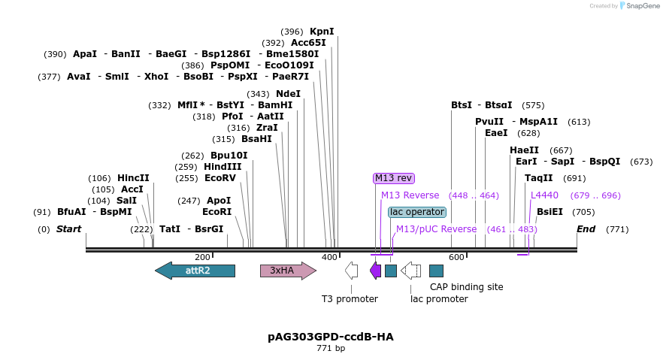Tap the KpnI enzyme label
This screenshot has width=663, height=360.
322,32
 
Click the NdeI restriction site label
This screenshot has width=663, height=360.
288,94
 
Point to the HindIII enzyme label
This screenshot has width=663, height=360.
223,167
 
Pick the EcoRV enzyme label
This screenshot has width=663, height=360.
220,178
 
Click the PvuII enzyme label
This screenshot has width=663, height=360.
489,122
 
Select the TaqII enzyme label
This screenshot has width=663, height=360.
539,178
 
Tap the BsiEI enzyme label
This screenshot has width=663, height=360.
549,212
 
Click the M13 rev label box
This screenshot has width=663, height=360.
394,178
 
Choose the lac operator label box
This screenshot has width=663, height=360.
417,212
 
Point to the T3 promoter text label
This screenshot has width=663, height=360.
350,299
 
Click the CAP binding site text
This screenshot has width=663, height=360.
466,287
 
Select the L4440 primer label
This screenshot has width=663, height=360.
544,195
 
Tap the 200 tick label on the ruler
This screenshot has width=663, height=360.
202,258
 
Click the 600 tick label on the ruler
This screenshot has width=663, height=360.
456,258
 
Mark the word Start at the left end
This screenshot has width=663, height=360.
68,229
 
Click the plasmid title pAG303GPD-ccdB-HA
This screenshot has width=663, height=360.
331,337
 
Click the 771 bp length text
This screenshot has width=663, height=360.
331,349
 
